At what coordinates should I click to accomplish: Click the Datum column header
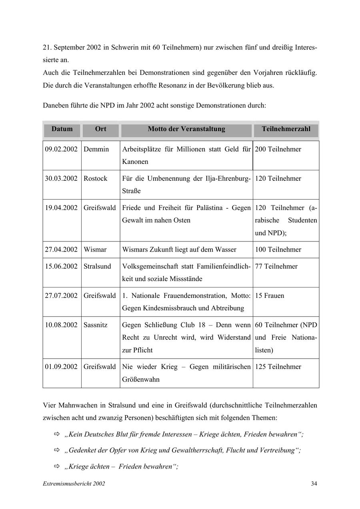[62, 129]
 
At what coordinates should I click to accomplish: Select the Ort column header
[100, 129]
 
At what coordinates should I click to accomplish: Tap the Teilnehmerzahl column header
[286, 129]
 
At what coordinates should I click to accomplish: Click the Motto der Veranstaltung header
[186, 129]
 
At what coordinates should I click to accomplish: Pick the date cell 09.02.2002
[61, 150]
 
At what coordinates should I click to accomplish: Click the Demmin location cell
[96, 150]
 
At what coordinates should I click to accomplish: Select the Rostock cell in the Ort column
[95, 179]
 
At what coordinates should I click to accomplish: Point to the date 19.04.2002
[61, 208]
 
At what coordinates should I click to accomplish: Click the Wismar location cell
[95, 250]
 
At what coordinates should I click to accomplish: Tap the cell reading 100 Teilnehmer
[278, 250]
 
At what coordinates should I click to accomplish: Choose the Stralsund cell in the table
[97, 267]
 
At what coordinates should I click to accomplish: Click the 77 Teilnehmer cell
[276, 267]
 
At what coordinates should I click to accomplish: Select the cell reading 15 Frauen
[270, 296]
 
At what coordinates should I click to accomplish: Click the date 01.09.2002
[61, 367]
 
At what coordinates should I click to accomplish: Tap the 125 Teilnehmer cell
[278, 367]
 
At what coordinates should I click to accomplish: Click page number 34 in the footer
[314, 484]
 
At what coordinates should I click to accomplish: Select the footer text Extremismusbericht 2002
[74, 484]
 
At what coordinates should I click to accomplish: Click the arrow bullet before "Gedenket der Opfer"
[56, 451]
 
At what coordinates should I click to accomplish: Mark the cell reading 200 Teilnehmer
[278, 150]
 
